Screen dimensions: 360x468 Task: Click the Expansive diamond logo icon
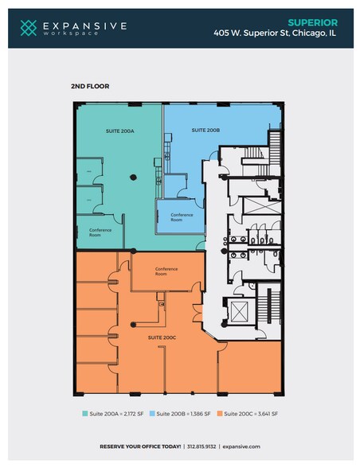29,28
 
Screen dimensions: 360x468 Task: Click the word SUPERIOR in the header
313,22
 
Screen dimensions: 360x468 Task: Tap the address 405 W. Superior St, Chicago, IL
275,33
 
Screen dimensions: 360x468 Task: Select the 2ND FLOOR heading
90,86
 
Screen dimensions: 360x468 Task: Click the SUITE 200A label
120,131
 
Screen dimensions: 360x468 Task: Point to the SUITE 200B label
205,131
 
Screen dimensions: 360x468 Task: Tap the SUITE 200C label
162,337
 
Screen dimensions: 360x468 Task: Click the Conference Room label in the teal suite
100,232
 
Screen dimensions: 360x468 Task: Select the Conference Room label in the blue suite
182,217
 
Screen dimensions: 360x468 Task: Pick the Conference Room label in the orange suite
166,271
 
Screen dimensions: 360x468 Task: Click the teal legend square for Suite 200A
85,414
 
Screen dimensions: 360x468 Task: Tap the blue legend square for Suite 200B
152,414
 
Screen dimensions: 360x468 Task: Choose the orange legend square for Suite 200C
220,414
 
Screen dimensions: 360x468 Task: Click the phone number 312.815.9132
202,447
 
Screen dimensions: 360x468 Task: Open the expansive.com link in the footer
241,447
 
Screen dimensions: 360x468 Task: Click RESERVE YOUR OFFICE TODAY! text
140,447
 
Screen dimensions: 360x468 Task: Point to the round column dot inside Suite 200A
134,177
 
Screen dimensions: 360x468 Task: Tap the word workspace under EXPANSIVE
71,33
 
